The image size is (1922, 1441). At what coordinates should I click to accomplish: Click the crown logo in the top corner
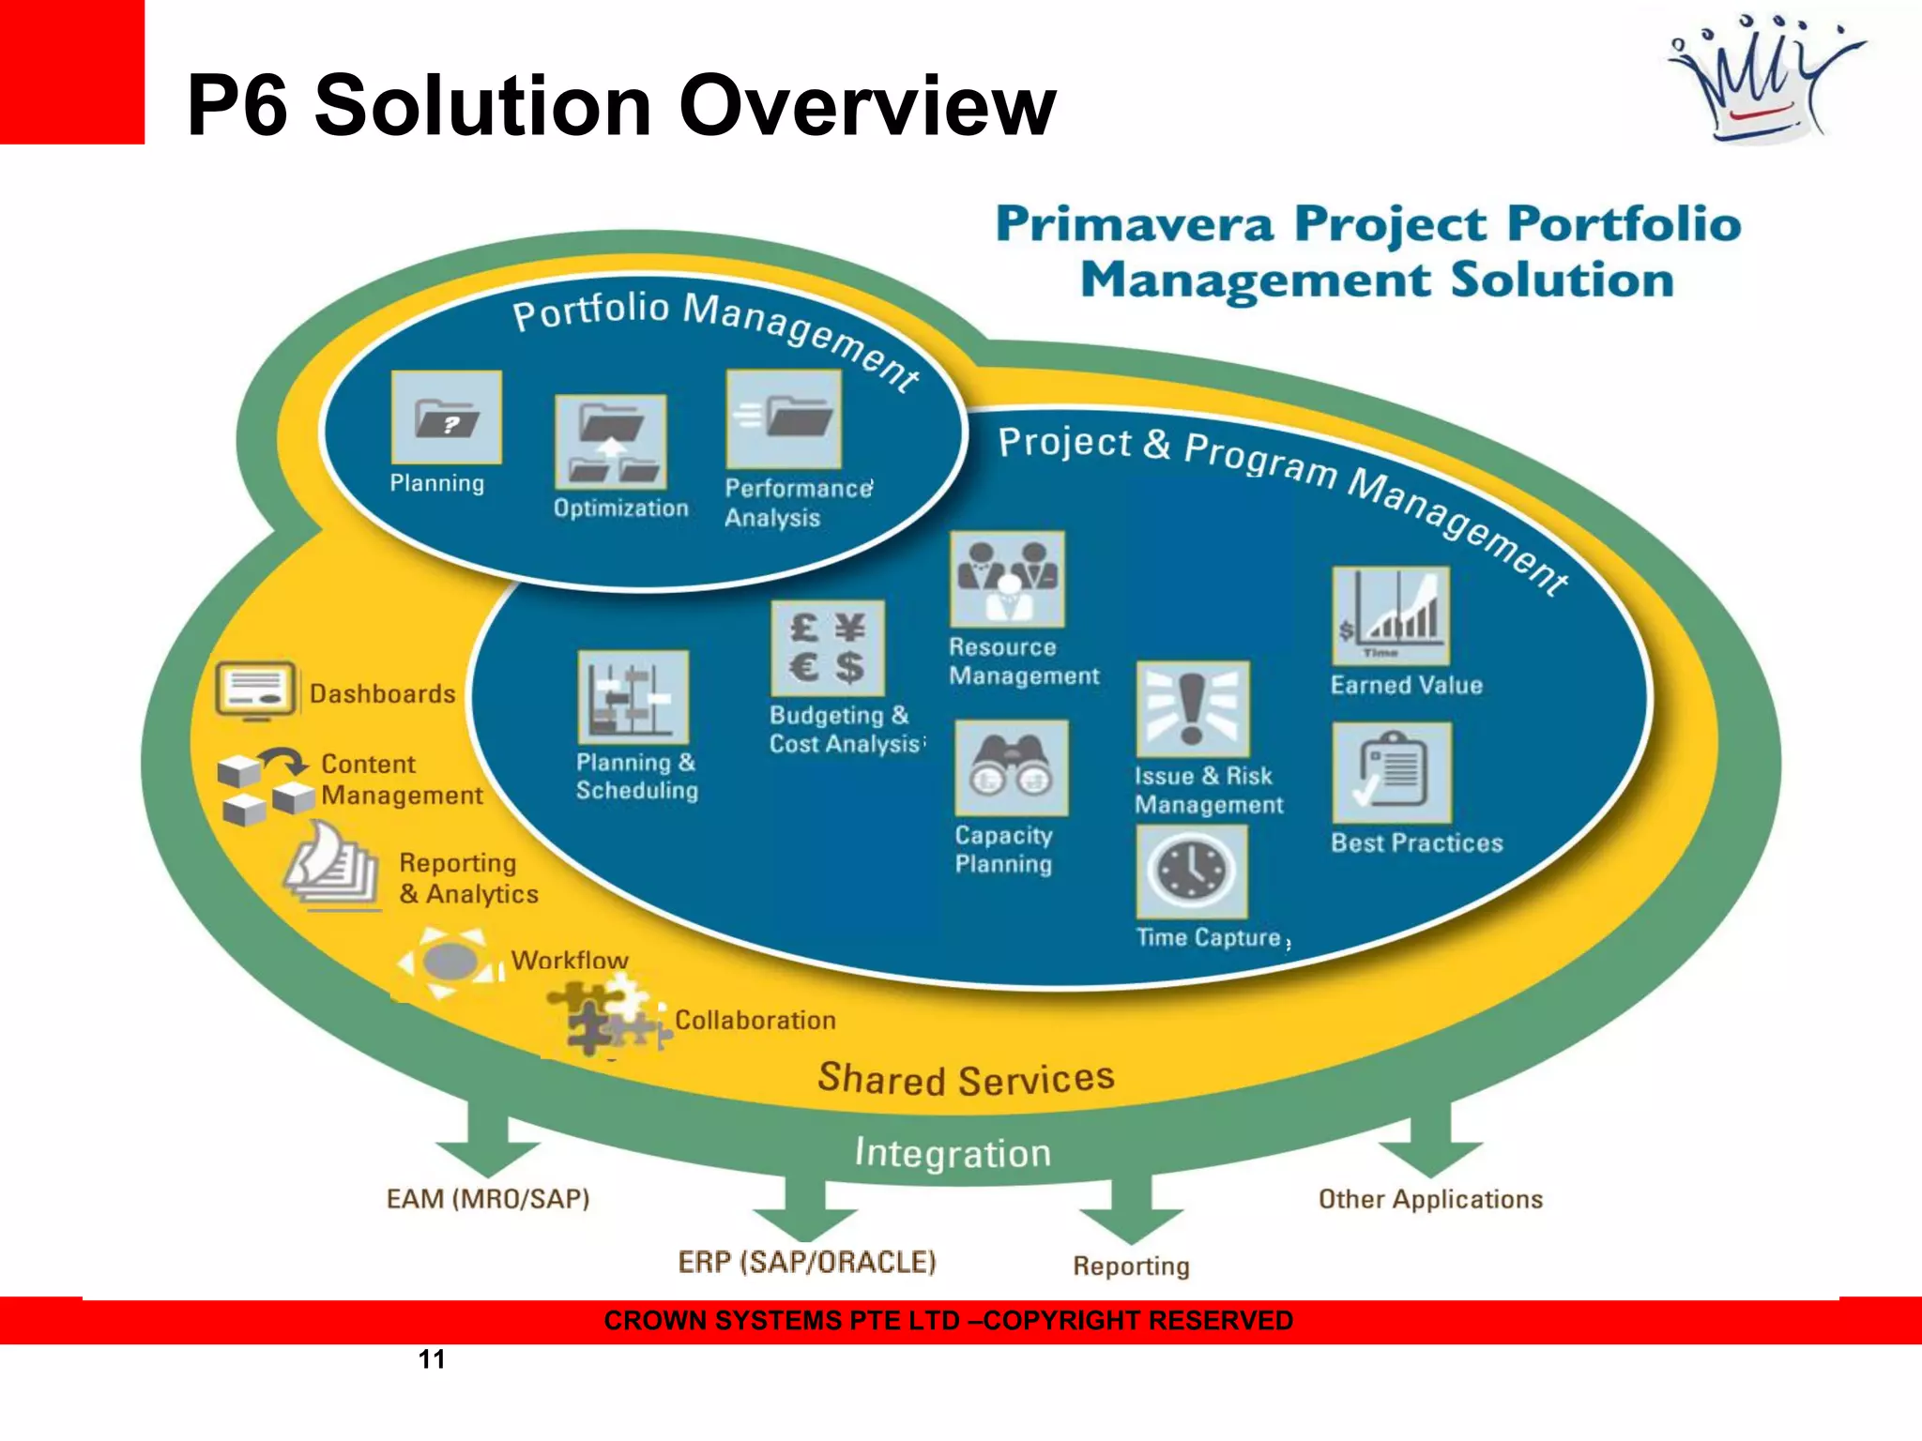tap(1764, 80)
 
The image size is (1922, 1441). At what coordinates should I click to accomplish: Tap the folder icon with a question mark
tap(447, 417)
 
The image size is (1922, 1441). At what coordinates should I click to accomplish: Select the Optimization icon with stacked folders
tap(611, 442)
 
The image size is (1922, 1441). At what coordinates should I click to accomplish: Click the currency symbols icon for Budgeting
tap(827, 648)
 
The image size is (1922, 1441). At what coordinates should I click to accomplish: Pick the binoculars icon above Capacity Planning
tap(1011, 767)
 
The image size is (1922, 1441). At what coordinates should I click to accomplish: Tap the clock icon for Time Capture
tap(1192, 872)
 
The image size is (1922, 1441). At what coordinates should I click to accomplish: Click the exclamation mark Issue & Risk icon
tap(1193, 709)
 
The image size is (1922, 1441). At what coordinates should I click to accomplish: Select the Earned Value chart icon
tap(1391, 616)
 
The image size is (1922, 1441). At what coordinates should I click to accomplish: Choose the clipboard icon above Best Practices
tap(1392, 772)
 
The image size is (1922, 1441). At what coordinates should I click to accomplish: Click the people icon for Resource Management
tap(1007, 579)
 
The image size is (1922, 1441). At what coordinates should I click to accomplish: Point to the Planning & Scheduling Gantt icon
tap(633, 697)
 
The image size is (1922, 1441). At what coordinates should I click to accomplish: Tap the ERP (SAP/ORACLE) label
tap(807, 1262)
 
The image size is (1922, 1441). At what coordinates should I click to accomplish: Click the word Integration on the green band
tap(953, 1153)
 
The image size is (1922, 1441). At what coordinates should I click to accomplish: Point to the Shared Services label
tap(966, 1079)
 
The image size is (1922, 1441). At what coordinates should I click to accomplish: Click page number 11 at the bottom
tap(432, 1359)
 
